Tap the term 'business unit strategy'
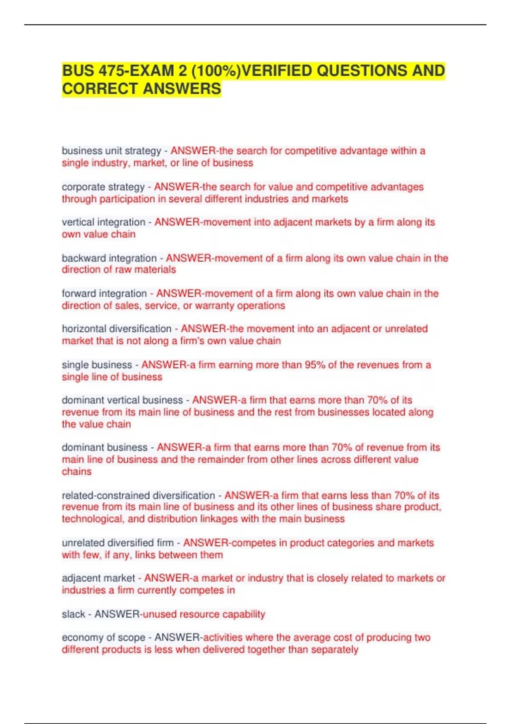pyautogui.click(x=112, y=151)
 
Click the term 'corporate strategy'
pyautogui.click(x=103, y=187)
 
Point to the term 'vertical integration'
pyautogui.click(x=103, y=222)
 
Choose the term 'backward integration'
pyautogui.click(x=109, y=258)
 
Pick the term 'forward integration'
pyautogui.click(x=104, y=293)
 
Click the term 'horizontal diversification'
pyautogui.click(x=117, y=329)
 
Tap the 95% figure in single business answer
pyautogui.click(x=315, y=365)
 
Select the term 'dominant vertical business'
pyautogui.click(x=122, y=400)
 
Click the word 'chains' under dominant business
pyautogui.click(x=77, y=471)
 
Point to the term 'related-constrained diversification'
pyautogui.click(x=138, y=496)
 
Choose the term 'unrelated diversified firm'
pyautogui.click(x=118, y=543)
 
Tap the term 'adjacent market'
pyautogui.click(x=98, y=578)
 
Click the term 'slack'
pyautogui.click(x=74, y=614)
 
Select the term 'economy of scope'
pyautogui.click(x=103, y=638)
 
